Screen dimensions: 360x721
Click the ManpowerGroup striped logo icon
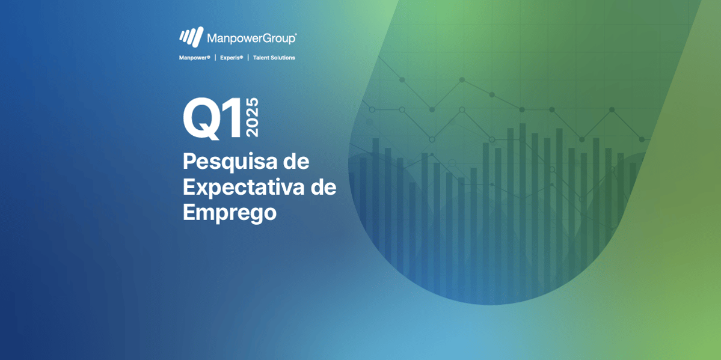(191, 37)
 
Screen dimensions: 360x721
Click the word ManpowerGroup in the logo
(251, 38)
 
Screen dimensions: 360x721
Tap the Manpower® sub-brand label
(195, 58)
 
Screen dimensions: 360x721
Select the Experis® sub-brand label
(232, 58)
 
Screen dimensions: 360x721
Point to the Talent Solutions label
(274, 58)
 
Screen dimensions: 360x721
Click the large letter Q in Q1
(202, 119)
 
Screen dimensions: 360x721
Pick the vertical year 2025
(253, 117)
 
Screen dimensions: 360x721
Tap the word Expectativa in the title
(243, 187)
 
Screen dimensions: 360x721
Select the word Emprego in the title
(229, 212)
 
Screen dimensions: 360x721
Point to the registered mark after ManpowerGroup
(295, 34)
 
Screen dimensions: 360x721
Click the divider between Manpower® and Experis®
(215, 58)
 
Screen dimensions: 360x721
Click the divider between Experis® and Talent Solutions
(248, 58)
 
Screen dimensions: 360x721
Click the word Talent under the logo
(262, 58)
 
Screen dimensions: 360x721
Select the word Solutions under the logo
(284, 58)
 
